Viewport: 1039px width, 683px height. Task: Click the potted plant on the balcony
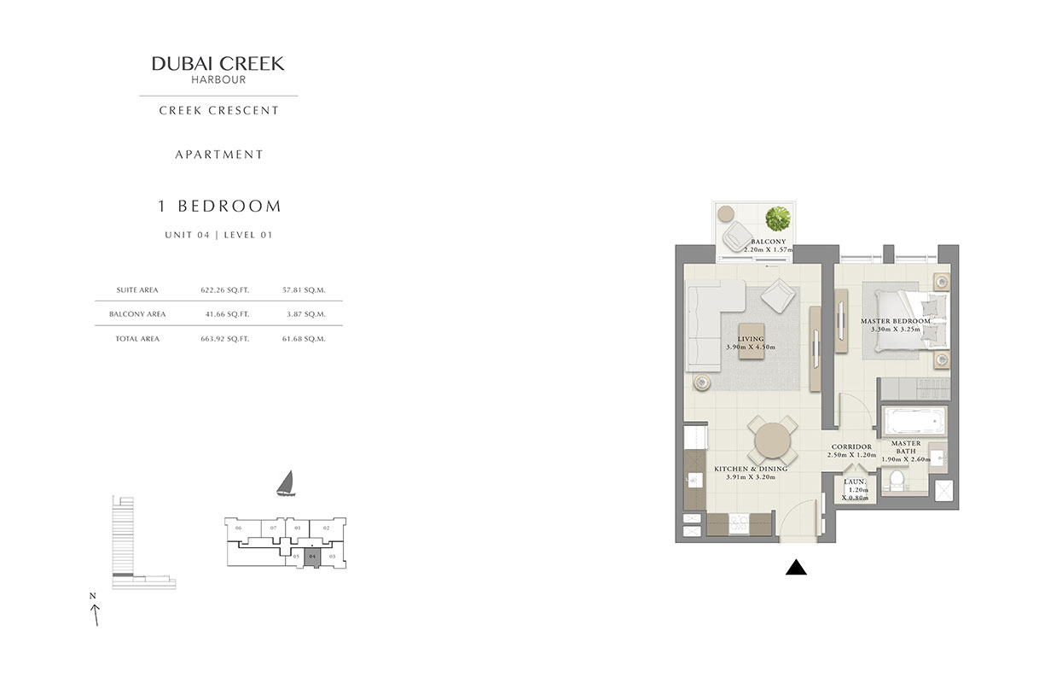click(x=777, y=219)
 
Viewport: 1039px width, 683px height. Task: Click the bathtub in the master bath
click(x=913, y=422)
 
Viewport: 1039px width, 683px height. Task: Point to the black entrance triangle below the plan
click(x=796, y=567)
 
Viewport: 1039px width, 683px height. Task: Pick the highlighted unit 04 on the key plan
click(x=313, y=557)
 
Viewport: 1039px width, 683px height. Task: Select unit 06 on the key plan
click(x=239, y=528)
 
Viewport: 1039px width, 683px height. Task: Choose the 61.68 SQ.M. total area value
click(x=305, y=339)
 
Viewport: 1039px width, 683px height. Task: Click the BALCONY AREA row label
click(x=137, y=314)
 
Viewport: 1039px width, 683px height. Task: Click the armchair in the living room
click(x=780, y=297)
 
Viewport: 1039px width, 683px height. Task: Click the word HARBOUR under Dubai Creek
click(x=218, y=79)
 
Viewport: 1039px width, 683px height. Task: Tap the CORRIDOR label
click(x=850, y=447)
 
